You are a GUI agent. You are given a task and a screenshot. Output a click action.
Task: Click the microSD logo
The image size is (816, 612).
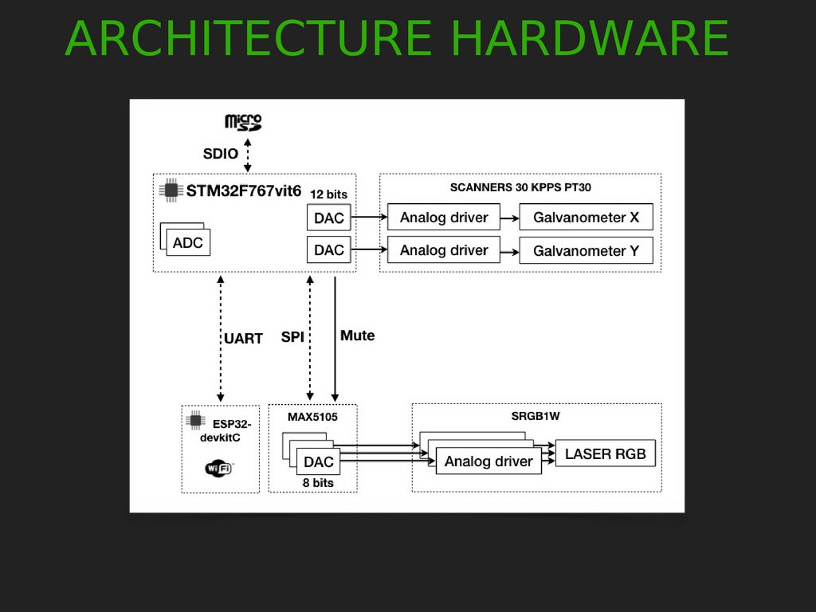(243, 123)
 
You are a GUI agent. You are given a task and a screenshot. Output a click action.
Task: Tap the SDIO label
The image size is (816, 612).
(221, 154)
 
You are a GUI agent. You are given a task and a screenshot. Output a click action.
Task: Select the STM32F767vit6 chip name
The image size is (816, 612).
(244, 190)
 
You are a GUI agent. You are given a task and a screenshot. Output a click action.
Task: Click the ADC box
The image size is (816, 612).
(188, 242)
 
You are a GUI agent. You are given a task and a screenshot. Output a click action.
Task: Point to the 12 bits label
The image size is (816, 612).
(328, 194)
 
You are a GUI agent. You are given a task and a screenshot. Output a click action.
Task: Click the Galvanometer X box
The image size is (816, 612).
(586, 218)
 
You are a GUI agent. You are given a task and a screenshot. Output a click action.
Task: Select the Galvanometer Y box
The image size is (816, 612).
(586, 250)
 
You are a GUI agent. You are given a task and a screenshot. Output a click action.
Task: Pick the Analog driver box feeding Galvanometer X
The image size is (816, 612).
(444, 218)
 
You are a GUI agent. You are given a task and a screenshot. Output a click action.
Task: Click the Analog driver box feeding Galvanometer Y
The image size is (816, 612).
(444, 250)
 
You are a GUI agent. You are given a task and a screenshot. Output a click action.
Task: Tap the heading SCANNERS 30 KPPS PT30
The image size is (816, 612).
(520, 188)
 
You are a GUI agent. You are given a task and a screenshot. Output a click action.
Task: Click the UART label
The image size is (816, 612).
(243, 339)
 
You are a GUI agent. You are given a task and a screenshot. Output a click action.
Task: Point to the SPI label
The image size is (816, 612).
(292, 337)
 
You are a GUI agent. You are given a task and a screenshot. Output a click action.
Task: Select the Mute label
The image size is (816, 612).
(357, 335)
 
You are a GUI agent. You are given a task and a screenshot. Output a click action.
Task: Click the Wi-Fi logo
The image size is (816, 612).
(219, 468)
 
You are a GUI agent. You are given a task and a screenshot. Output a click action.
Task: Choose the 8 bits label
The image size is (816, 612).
(316, 482)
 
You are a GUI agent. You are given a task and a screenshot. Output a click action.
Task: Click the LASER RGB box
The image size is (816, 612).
(606, 454)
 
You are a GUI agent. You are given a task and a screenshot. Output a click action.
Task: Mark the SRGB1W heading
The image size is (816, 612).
(536, 417)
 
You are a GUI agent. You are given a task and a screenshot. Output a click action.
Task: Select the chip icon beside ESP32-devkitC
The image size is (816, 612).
(194, 421)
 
